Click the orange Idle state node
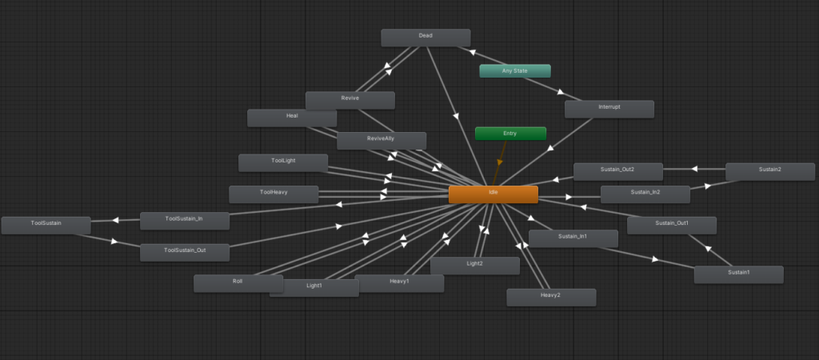(493, 194)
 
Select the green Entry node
(510, 134)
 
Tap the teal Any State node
(515, 71)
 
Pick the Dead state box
(425, 38)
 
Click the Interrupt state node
(609, 109)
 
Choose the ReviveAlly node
(382, 141)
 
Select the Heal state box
(292, 118)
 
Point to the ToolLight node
(283, 162)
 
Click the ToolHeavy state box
(274, 194)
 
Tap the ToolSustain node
(46, 225)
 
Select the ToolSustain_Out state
(185, 252)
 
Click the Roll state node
(238, 283)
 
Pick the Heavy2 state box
(551, 298)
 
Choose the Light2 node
(475, 266)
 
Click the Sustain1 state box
(738, 275)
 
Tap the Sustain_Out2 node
(618, 171)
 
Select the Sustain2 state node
(770, 171)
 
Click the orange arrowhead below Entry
(500, 162)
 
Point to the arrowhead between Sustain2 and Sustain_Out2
(694, 170)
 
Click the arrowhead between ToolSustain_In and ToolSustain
(115, 221)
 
